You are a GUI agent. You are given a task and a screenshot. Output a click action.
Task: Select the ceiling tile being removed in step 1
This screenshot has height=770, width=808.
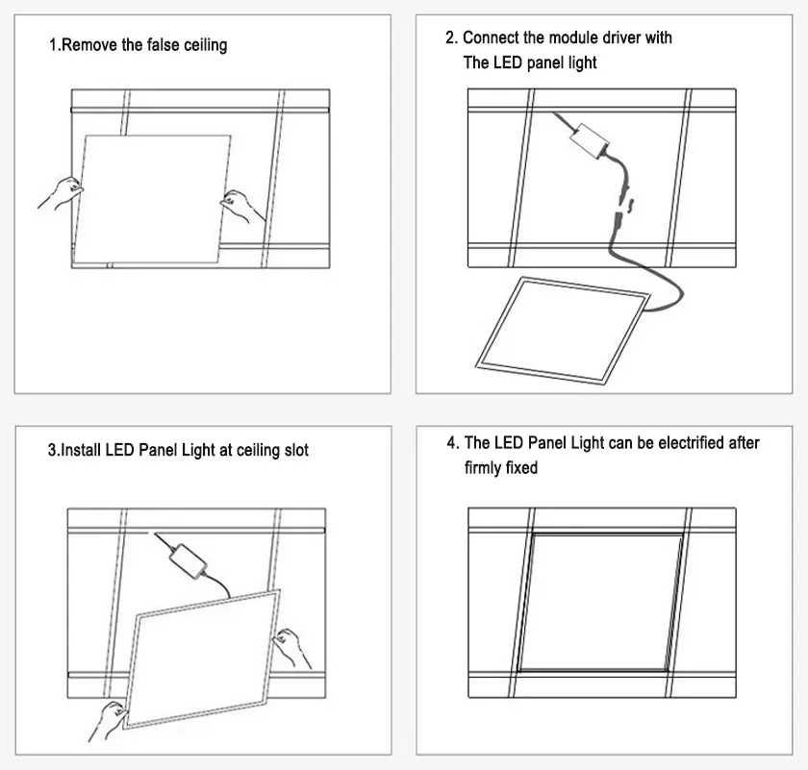pyautogui.click(x=154, y=197)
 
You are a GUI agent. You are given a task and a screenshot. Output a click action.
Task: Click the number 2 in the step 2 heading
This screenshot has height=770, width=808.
pyautogui.click(x=450, y=37)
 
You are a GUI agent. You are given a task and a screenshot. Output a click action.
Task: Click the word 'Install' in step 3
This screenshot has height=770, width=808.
pyautogui.click(x=81, y=450)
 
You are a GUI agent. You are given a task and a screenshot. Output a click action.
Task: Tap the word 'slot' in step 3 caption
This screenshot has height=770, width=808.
pyautogui.click(x=293, y=450)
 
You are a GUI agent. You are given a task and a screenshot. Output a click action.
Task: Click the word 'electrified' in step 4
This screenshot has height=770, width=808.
pyautogui.click(x=683, y=443)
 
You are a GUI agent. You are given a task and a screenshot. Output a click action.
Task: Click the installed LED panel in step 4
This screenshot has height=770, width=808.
pyautogui.click(x=601, y=601)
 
